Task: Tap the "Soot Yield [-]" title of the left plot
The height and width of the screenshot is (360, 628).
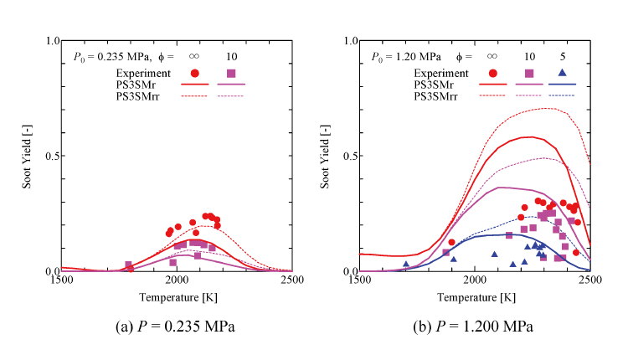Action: [39, 157]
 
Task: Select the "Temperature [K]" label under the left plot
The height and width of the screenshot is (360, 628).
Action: [178, 298]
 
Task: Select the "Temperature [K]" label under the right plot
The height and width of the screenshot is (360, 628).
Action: [474, 298]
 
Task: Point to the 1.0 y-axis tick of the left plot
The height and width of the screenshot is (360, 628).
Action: [52, 41]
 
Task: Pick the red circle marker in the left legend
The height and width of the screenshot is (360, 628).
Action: [194, 73]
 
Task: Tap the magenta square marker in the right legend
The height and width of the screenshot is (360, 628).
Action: [529, 73]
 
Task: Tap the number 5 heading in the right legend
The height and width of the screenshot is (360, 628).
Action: [564, 57]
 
